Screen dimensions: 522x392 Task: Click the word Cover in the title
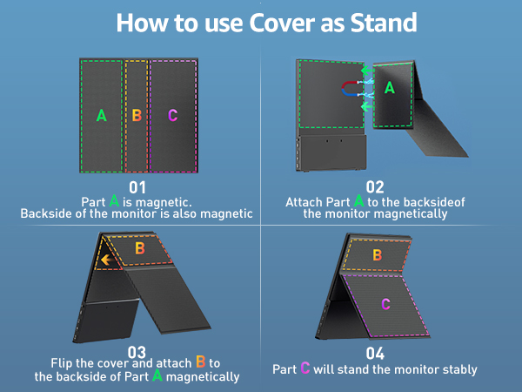[282, 23]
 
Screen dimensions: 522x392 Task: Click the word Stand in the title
[384, 23]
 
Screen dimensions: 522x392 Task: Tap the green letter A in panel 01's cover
[102, 115]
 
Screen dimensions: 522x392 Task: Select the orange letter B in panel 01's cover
[137, 115]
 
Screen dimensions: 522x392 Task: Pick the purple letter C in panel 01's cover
[173, 115]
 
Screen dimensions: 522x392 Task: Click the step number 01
[137, 187]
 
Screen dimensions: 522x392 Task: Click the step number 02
[375, 187]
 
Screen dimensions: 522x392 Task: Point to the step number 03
[137, 352]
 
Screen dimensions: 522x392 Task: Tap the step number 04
[375, 354]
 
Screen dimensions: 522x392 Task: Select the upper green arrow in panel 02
[366, 71]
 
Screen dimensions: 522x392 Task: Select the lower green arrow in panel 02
[366, 106]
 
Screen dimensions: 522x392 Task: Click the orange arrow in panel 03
[106, 260]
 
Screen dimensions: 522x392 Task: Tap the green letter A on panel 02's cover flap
[390, 88]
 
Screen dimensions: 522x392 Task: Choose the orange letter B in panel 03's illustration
[140, 248]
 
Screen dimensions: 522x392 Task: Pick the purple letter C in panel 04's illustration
[385, 304]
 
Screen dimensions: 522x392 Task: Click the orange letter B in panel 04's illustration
[378, 255]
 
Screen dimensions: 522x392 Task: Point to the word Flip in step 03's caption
[62, 363]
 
